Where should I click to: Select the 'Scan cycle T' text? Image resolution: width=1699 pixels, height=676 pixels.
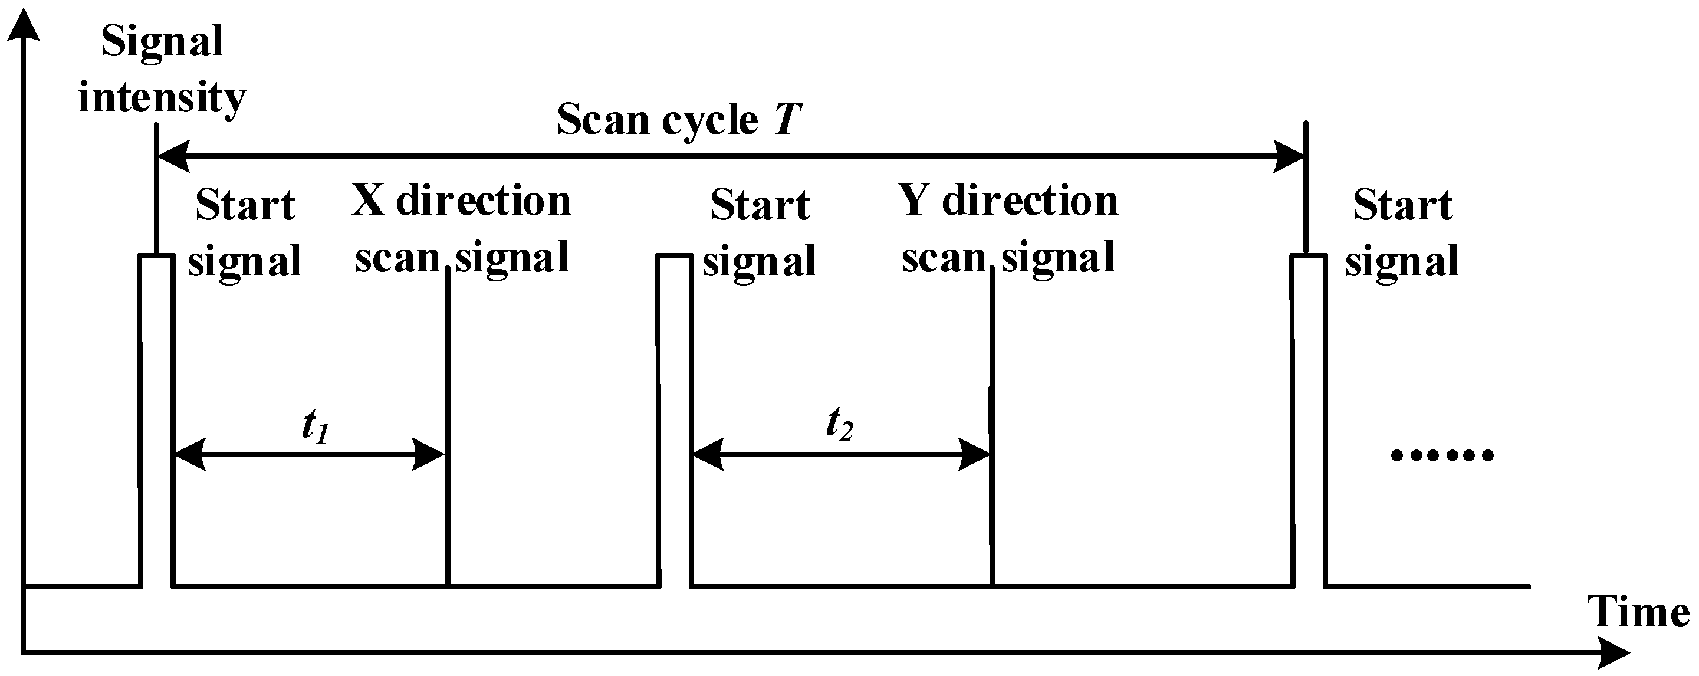coord(679,119)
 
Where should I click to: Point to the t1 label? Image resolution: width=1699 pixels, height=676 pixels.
coord(316,425)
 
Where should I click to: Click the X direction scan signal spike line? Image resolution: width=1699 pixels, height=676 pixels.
coord(448,429)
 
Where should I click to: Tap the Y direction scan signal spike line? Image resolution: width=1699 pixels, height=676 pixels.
coord(991,429)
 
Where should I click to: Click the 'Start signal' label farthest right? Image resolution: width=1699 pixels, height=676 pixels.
coord(1402,233)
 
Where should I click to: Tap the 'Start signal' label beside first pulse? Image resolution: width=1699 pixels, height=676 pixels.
coord(245,233)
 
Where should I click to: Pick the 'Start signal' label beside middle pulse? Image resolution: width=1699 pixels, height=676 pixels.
coord(759,233)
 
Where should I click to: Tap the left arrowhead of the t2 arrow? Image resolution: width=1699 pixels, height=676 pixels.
coord(708,454)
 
